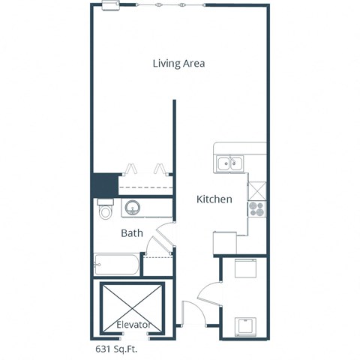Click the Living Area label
pos(178,63)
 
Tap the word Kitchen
pos(214,199)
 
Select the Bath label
pos(132,233)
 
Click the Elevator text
pos(134,325)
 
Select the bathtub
pos(116,264)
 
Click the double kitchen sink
pos(230,163)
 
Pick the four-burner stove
pos(256,207)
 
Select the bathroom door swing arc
pos(159,240)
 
